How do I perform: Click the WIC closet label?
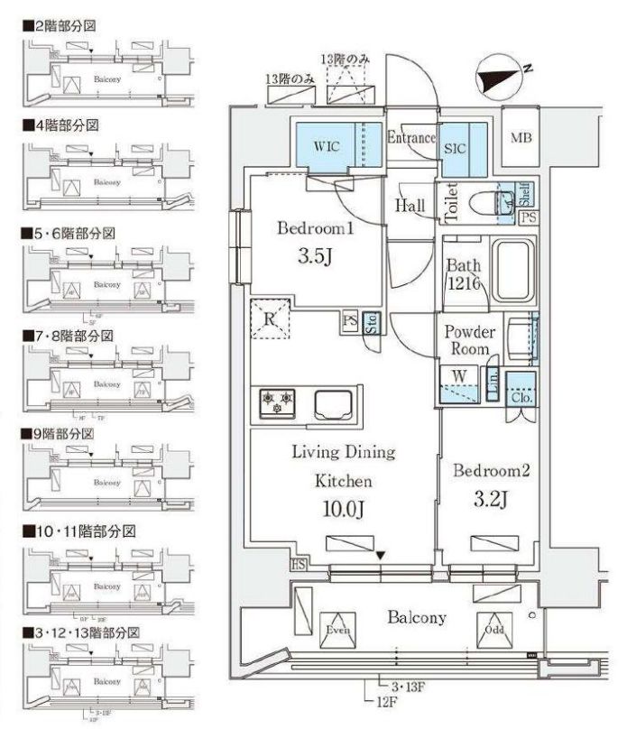coord(327,144)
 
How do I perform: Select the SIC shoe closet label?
coord(454,149)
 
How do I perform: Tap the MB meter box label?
coord(521,138)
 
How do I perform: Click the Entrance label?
coord(411,138)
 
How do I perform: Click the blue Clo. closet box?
coord(521,389)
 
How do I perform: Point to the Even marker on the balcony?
coord(339,629)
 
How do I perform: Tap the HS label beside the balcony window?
coord(298,566)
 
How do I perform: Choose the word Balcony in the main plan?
coord(416,618)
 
